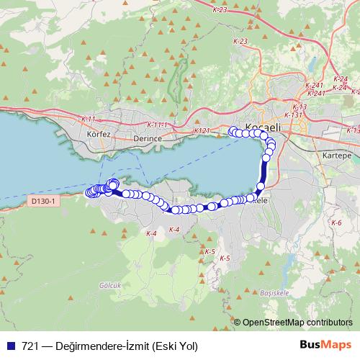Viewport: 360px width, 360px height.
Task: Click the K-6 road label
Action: click(336, 223)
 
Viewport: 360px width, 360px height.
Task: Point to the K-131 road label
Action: click(294, 115)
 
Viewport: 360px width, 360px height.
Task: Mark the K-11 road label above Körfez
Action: click(89, 119)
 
